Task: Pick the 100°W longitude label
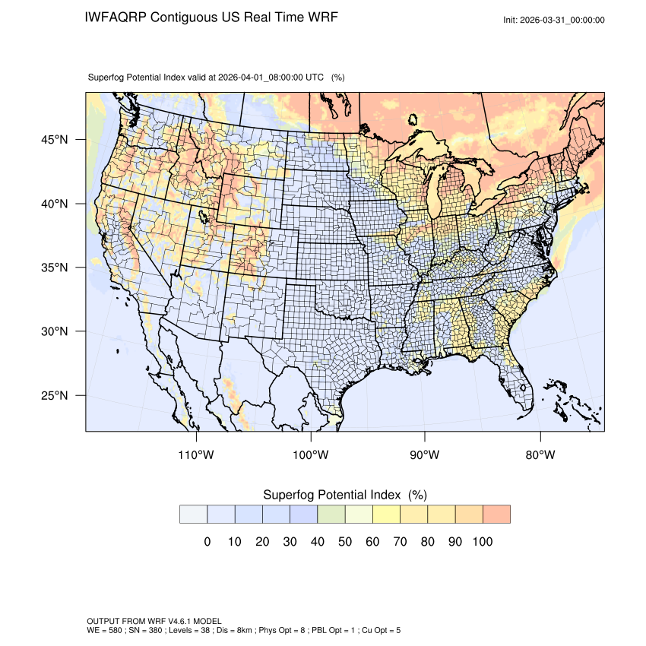click(311, 454)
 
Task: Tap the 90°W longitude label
click(425, 454)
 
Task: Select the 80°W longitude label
click(540, 454)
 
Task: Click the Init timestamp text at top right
click(554, 20)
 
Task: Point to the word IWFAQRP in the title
click(116, 17)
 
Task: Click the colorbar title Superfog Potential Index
click(331, 495)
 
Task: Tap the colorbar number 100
click(482, 542)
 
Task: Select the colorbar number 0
click(207, 542)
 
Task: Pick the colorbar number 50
click(344, 542)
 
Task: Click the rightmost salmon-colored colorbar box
click(496, 515)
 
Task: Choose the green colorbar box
click(331, 515)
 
